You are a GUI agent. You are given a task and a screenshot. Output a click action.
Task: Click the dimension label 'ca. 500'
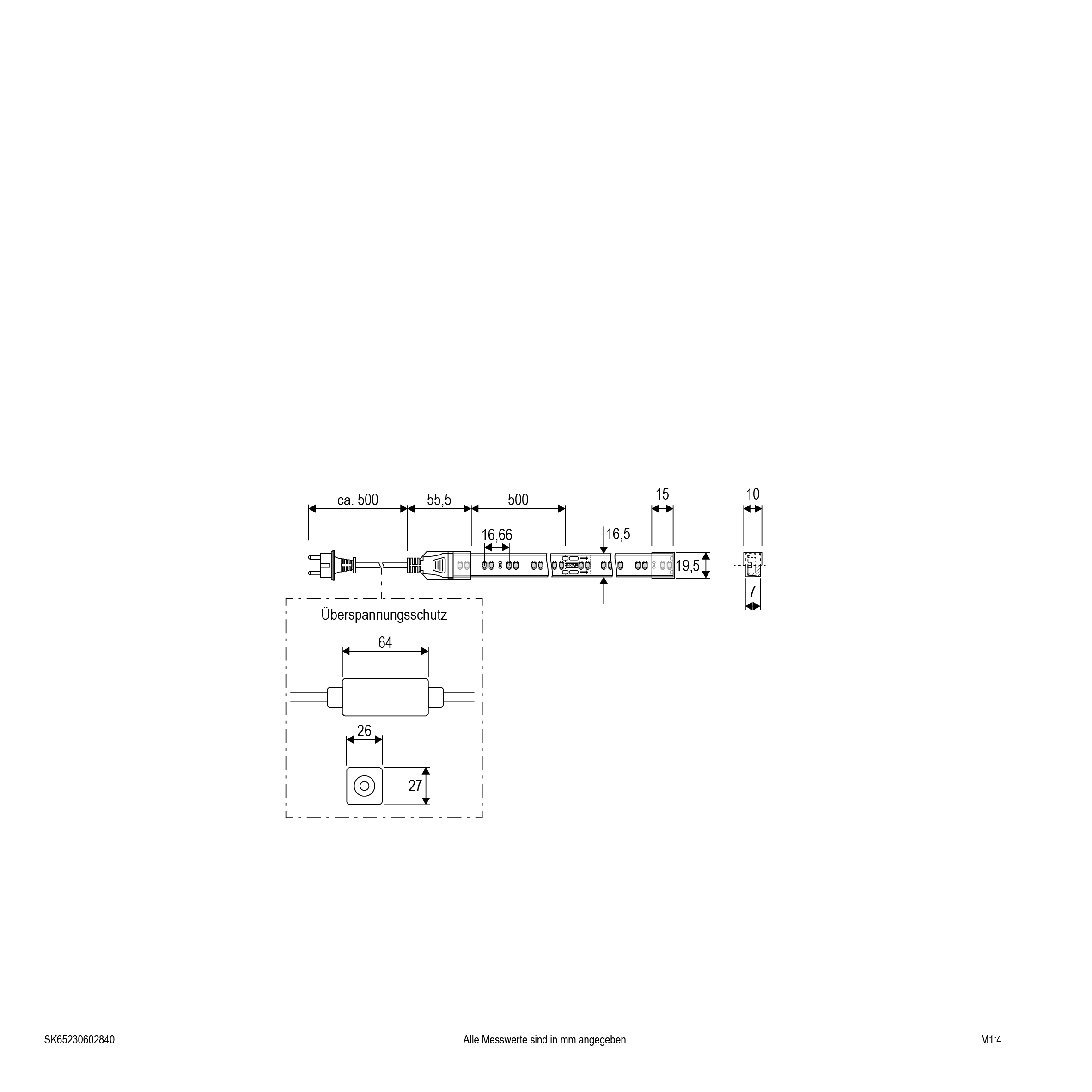[x=357, y=500]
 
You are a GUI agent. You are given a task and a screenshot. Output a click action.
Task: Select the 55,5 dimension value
[x=439, y=500]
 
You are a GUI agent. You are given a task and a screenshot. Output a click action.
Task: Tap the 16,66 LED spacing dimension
[x=497, y=535]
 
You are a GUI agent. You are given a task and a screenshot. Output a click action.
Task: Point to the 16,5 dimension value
[x=618, y=534]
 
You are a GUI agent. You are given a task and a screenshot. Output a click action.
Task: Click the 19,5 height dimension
[x=688, y=566]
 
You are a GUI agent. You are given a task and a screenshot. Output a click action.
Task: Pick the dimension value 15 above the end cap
[x=662, y=494]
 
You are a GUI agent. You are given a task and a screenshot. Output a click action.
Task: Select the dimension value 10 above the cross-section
[x=753, y=494]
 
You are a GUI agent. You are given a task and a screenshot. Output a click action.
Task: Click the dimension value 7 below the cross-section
[x=752, y=592]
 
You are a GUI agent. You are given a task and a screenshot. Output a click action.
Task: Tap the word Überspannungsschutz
[x=384, y=615]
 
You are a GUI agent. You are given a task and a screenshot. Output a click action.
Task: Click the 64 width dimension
[x=385, y=643]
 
